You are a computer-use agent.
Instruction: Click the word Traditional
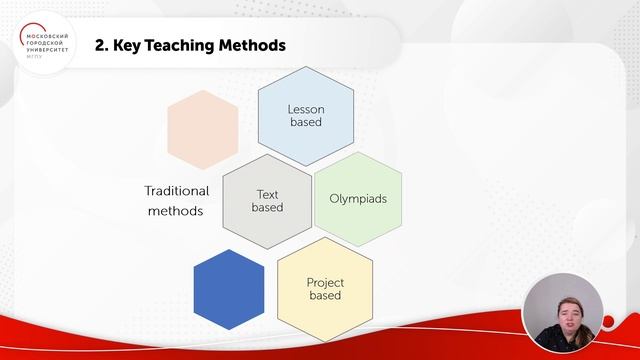pyautogui.click(x=176, y=190)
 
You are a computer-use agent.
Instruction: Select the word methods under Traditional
pyautogui.click(x=175, y=211)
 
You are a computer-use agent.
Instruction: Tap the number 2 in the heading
pyautogui.click(x=99, y=45)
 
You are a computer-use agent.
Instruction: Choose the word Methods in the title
pyautogui.click(x=254, y=45)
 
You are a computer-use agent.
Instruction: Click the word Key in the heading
pyautogui.click(x=128, y=45)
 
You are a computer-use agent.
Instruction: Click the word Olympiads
pyautogui.click(x=358, y=198)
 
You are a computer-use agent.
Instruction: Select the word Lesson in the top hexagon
pyautogui.click(x=306, y=108)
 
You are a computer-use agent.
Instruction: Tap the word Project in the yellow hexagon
pyautogui.click(x=324, y=281)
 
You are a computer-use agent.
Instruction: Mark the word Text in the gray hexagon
pyautogui.click(x=267, y=194)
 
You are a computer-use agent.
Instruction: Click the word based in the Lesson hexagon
pyautogui.click(x=306, y=122)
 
